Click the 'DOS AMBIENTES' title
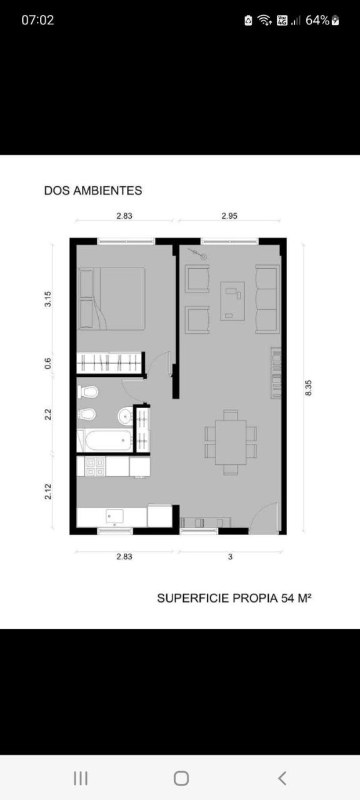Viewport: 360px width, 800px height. [x=93, y=191]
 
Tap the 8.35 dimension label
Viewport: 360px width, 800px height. [x=309, y=387]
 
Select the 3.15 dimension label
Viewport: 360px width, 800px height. [x=48, y=299]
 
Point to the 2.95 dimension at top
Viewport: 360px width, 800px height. [x=229, y=216]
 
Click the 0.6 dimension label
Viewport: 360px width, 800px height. [x=48, y=364]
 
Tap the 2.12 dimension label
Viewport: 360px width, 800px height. [x=48, y=491]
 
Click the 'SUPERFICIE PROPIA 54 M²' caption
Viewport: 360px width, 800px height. [x=234, y=598]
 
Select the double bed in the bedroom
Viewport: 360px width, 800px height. [x=111, y=299]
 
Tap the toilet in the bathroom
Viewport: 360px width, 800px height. [x=88, y=392]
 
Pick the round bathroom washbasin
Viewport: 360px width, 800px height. [x=126, y=416]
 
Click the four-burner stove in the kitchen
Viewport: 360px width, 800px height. [x=96, y=467]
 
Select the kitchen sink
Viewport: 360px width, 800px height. [x=114, y=516]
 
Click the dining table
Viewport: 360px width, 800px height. [x=231, y=442]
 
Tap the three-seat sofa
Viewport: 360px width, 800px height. [x=267, y=299]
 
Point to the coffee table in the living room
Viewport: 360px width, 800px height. [x=232, y=301]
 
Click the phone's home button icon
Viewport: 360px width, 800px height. [x=181, y=778]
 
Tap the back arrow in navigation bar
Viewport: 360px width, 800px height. [x=282, y=778]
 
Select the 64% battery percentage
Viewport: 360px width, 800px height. [x=317, y=21]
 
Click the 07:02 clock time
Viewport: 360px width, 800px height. [x=38, y=20]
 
